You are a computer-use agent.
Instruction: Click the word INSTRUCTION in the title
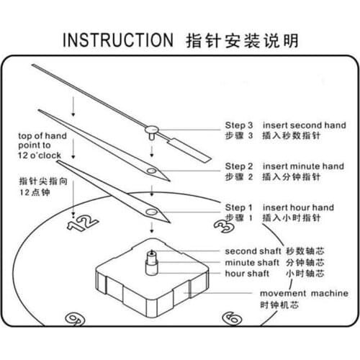(118, 40)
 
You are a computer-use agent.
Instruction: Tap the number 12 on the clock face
(83, 222)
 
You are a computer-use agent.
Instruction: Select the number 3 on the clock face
(224, 226)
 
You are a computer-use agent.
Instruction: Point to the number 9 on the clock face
(75, 320)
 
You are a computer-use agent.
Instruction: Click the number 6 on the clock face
(232, 318)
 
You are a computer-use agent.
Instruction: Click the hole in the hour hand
(152, 212)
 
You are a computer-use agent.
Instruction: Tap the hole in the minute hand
(152, 171)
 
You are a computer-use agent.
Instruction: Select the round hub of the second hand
(152, 130)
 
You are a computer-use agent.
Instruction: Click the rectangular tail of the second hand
(190, 150)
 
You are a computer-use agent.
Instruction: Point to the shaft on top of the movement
(152, 263)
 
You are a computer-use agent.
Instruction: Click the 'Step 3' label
(239, 125)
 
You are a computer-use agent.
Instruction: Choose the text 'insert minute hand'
(303, 166)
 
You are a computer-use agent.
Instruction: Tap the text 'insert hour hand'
(298, 207)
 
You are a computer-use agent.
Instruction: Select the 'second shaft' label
(253, 251)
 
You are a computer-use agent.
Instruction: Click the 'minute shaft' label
(252, 263)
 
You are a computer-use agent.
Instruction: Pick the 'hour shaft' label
(247, 274)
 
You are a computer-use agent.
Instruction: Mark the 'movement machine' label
(304, 293)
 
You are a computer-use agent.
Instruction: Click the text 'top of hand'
(42, 136)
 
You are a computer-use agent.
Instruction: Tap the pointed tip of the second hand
(32, 65)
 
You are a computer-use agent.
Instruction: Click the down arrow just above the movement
(152, 228)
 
